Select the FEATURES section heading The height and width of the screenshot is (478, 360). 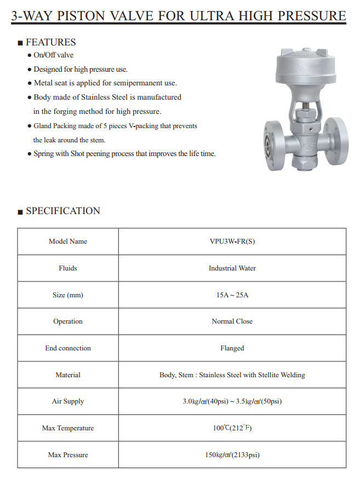coord(50,42)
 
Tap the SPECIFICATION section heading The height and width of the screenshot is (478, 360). coord(63,211)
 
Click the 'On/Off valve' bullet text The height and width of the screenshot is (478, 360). coord(53,55)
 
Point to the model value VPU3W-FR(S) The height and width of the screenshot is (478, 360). coord(232,241)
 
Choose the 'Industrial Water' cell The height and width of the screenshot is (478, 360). coord(232,268)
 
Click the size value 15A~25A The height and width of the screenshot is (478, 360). coord(232,295)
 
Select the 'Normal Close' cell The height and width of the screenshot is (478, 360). coord(232,321)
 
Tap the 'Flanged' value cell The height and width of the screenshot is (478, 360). coord(232,348)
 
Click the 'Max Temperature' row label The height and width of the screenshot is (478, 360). coord(68,428)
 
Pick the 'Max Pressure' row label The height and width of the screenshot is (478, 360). coord(68,455)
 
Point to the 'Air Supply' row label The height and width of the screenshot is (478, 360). coord(68,401)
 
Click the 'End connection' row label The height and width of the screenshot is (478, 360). coord(68,348)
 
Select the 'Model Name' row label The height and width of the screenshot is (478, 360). coord(68,241)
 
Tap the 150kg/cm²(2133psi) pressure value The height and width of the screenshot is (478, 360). coord(232,455)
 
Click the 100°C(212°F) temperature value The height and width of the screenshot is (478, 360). coord(232,428)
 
